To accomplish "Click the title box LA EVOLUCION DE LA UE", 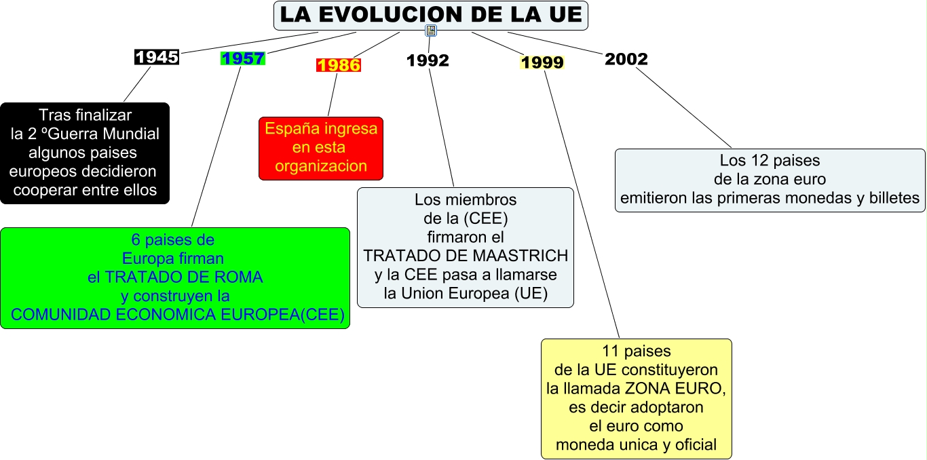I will click(430, 16).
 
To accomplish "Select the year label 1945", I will click(157, 57).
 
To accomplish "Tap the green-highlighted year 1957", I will click(243, 58).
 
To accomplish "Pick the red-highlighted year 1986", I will click(339, 65).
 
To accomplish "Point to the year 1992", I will click(428, 60).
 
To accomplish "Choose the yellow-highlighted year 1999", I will click(542, 63).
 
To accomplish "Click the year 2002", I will click(626, 59).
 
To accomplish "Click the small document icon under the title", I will click(431, 31).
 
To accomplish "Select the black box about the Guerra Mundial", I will click(85, 153).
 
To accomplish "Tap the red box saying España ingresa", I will click(321, 148).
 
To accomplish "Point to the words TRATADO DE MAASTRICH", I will click(466, 256).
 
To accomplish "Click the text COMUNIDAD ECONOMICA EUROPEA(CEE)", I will click(178, 315).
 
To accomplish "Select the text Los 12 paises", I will click(770, 161).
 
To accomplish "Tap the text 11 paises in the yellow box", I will click(636, 351).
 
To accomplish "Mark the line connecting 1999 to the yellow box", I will click(582, 204).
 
